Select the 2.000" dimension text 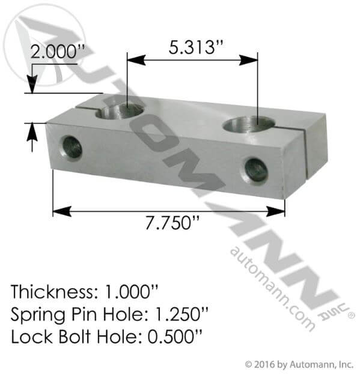coord(55,52)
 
